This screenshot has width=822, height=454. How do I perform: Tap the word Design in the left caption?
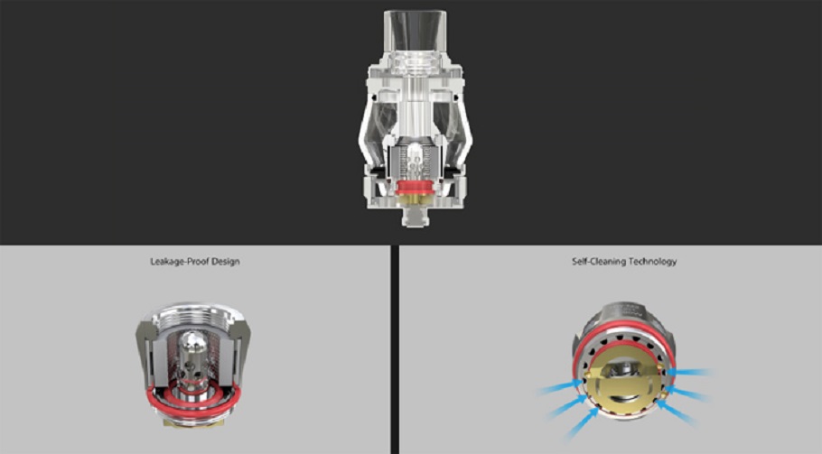click(228, 262)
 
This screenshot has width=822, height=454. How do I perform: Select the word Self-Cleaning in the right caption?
click(595, 262)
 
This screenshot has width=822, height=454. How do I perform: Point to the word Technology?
click(649, 262)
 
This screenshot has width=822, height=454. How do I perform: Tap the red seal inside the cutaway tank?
click(416, 188)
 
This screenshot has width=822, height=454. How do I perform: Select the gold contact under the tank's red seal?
click(416, 199)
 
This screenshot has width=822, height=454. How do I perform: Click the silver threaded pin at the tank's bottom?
click(416, 216)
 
